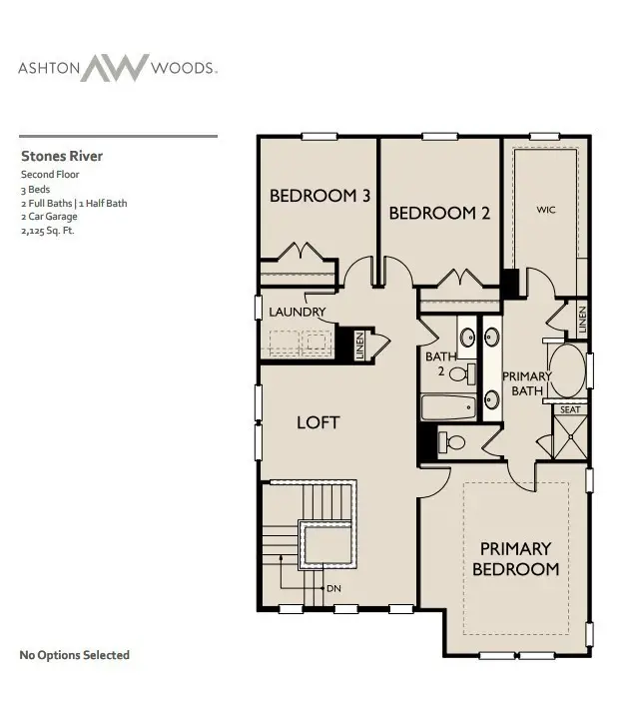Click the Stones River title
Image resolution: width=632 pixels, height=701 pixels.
coord(62,156)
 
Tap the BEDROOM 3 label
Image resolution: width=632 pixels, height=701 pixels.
coord(319,196)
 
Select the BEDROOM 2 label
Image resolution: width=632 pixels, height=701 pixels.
coord(439,213)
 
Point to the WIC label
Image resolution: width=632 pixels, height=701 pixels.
coord(545,210)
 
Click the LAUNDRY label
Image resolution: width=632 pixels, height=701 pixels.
coord(298,312)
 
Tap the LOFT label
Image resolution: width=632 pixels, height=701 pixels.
coord(317,422)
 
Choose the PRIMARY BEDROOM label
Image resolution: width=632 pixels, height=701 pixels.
coord(515,558)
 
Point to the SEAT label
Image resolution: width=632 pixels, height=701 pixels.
coord(570,410)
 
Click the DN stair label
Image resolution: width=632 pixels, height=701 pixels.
coord(333,588)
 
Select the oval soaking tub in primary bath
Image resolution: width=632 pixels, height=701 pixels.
coord(569,372)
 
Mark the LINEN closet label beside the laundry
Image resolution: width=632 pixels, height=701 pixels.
coord(359,345)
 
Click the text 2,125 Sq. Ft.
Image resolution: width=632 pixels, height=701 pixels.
coord(48,231)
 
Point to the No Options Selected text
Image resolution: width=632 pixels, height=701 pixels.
coord(75,655)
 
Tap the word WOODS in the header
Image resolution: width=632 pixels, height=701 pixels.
coord(183,69)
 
